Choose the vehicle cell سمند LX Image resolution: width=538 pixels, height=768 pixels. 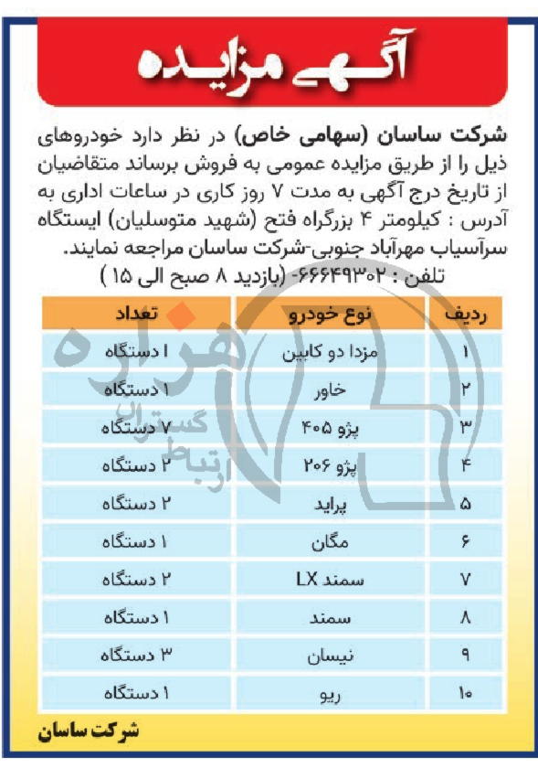330,580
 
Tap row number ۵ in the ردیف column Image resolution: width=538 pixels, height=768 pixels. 466,504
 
